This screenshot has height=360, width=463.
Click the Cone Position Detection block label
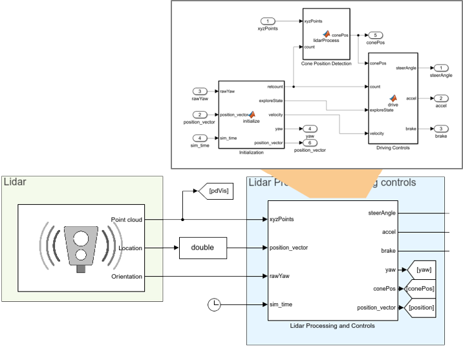click(x=327, y=63)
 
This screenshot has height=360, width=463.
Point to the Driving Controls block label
click(x=393, y=148)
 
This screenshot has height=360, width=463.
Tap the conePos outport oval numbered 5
click(x=378, y=35)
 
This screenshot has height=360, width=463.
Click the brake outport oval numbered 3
click(x=440, y=129)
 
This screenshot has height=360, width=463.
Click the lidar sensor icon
click(x=81, y=248)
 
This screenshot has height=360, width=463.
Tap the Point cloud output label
click(x=127, y=219)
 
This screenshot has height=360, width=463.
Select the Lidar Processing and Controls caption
click(x=332, y=326)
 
